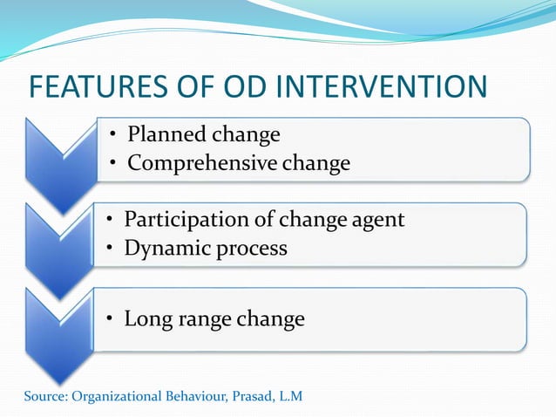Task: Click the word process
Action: [247, 248]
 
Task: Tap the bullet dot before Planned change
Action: [113, 136]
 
